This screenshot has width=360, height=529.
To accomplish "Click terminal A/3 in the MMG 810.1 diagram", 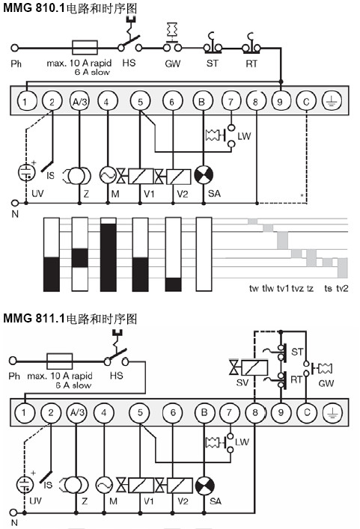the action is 79,101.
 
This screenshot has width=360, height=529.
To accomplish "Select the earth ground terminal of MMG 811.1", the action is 332,412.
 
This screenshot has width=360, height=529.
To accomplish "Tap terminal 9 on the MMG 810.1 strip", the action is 280,101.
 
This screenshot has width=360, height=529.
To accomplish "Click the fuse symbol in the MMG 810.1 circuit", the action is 85,48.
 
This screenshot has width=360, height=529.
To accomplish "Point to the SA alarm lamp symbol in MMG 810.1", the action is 204,175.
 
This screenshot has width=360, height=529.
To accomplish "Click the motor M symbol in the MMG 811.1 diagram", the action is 104,486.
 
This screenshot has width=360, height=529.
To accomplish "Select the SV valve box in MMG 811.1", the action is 254,367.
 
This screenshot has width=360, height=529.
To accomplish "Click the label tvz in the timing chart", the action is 298,289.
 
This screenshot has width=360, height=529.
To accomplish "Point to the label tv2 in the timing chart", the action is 342,289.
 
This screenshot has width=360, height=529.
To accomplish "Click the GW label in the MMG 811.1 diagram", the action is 326,383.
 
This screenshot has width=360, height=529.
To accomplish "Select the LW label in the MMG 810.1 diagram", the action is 244,136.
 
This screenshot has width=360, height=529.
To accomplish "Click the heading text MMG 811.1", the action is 34,318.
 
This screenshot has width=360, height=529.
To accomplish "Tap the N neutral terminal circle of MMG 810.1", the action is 14,203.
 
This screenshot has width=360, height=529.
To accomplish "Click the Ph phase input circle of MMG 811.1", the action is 13,361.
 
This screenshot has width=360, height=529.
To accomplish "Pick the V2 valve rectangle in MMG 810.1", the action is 179,176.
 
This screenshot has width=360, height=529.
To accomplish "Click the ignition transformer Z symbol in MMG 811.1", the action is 75,486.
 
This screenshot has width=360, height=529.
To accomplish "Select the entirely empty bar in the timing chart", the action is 204,254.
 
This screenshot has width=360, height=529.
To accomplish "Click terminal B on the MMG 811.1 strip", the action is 204,412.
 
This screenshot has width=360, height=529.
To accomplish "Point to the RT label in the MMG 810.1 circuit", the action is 251,64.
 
